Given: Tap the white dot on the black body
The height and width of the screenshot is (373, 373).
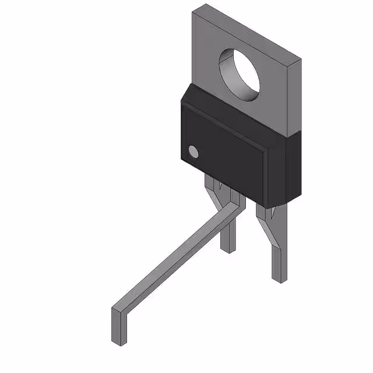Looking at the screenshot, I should point(193,153).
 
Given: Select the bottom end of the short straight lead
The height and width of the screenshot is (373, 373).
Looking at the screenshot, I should point(227,248).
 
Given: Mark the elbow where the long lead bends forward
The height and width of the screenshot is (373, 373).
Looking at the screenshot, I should point(233,204).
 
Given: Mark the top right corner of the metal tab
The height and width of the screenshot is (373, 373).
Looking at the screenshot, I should point(301,59).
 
